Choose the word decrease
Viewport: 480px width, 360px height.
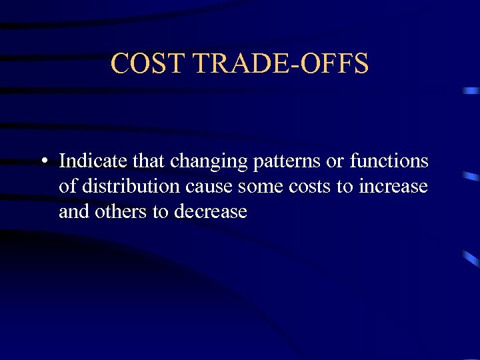point(210,213)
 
